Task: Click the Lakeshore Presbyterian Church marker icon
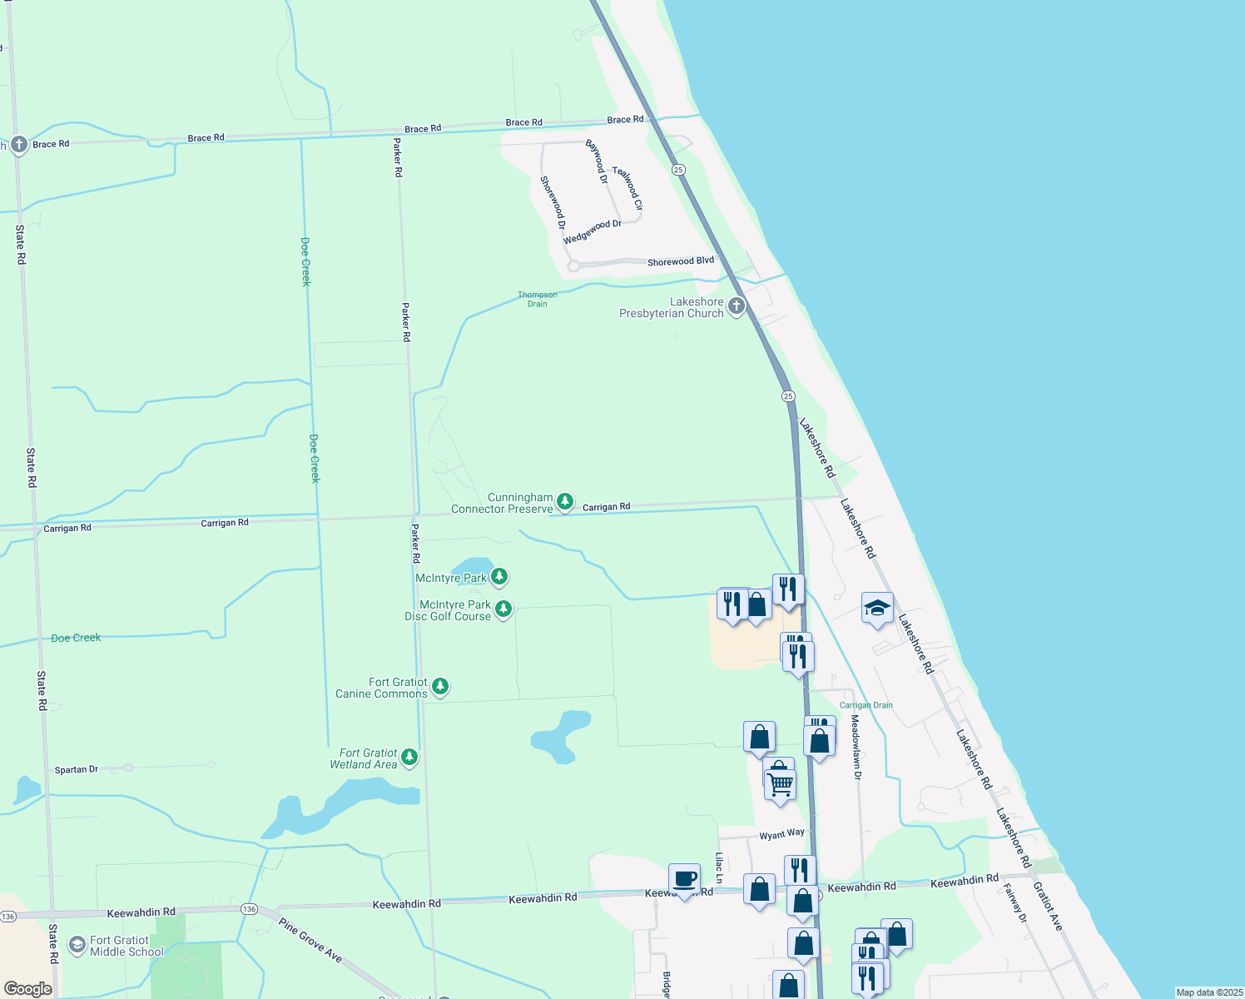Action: click(736, 306)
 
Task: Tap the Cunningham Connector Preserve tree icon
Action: click(564, 501)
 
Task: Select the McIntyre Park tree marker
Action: click(498, 576)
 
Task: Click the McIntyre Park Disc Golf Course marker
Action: click(503, 609)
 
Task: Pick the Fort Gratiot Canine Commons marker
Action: click(440, 687)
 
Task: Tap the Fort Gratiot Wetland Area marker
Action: click(409, 758)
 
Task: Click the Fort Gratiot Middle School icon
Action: click(77, 945)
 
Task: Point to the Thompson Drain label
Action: click(538, 299)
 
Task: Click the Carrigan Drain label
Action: click(866, 705)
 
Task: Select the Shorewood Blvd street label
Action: click(680, 261)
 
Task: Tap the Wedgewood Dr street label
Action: click(592, 232)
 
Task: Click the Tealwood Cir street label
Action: click(627, 188)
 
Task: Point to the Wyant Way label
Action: click(781, 834)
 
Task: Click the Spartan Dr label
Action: click(77, 770)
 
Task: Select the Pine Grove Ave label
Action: click(310, 941)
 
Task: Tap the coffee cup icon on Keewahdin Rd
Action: click(684, 879)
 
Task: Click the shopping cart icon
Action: click(780, 784)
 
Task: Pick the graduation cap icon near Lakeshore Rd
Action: click(877, 608)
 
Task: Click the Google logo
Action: click(27, 989)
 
